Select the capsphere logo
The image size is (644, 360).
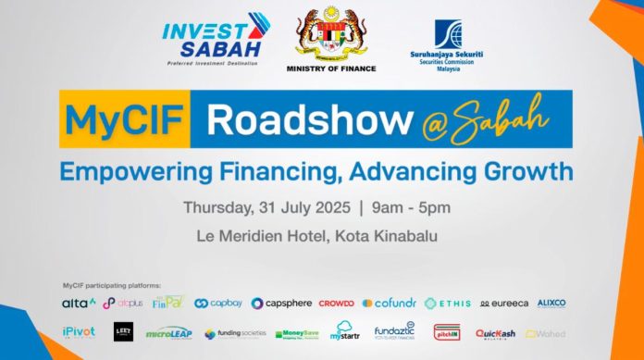tap(281, 303)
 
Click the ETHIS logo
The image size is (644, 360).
tap(448, 303)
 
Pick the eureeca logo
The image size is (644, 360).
tap(503, 303)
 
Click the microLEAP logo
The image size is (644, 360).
tap(170, 333)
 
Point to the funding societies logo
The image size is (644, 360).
tap(236, 333)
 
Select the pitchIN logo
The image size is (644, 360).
tap(446, 332)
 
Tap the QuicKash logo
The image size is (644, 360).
tap(494, 333)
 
